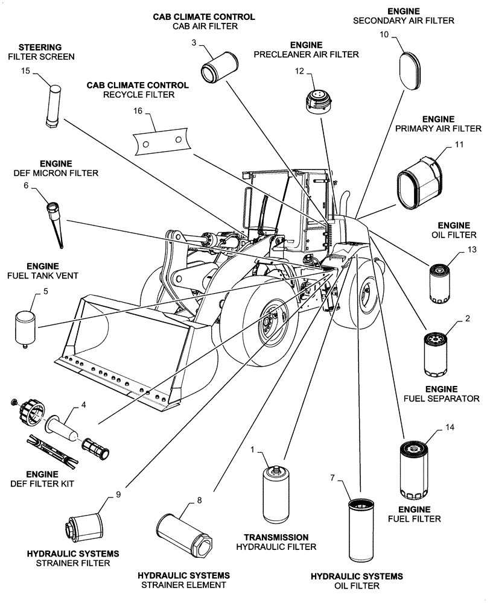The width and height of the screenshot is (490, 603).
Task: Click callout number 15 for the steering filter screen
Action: pos(25,71)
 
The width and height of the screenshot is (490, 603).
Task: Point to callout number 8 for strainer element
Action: pos(199,500)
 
